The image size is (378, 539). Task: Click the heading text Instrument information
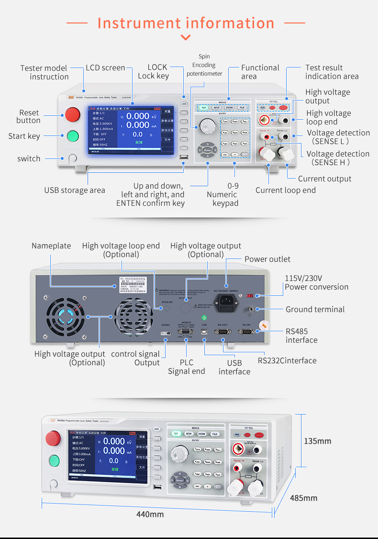click(186, 23)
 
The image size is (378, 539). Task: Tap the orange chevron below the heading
click(186, 37)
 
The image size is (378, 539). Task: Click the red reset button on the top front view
click(72, 114)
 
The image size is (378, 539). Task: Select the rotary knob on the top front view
click(207, 125)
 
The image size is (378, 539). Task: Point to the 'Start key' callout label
click(24, 136)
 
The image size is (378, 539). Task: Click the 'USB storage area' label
click(75, 190)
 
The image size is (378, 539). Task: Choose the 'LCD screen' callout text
click(105, 67)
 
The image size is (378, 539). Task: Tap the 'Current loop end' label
click(286, 190)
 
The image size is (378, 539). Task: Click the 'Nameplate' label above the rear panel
click(51, 246)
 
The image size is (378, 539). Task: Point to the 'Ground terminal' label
click(315, 309)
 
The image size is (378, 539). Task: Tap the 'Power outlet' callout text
click(267, 259)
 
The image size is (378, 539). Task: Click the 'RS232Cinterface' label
click(287, 360)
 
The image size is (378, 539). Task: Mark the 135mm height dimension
click(318, 441)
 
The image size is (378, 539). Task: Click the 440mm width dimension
click(150, 514)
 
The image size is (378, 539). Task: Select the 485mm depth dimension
click(303, 498)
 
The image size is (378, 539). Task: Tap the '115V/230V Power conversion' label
click(316, 282)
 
